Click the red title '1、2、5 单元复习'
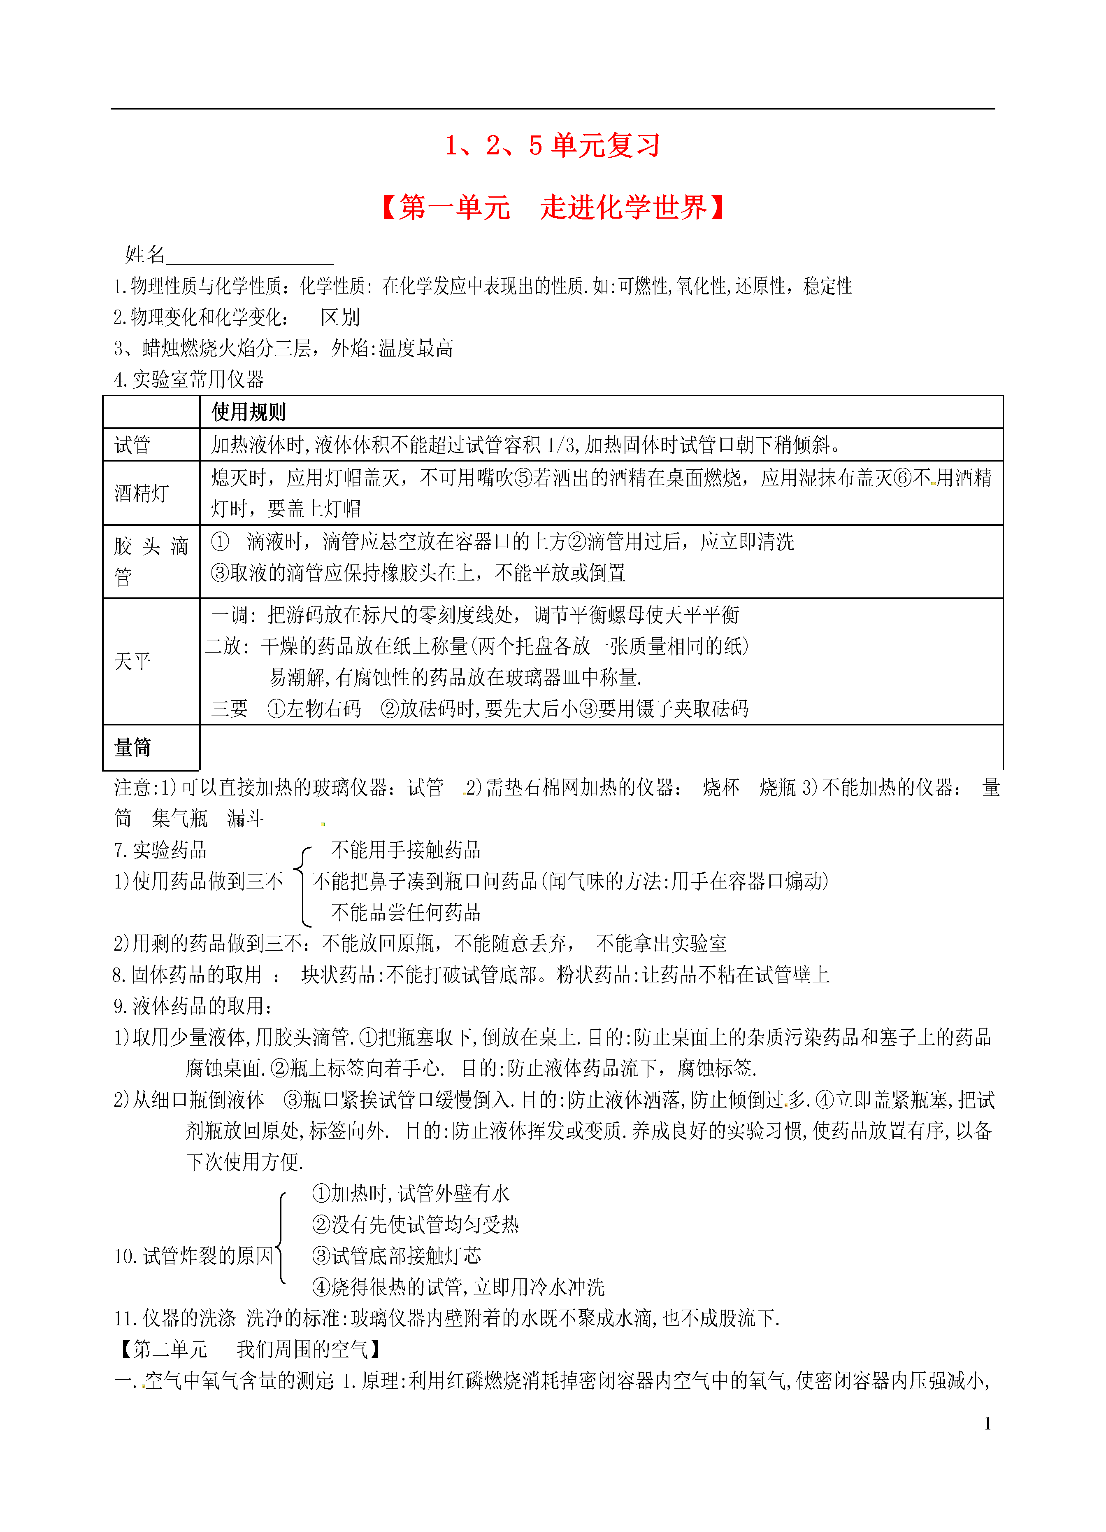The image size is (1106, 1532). coord(552,145)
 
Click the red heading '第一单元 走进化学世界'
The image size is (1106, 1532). coord(552,208)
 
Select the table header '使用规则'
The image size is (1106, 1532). coord(249,411)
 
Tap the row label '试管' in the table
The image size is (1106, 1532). coord(132,445)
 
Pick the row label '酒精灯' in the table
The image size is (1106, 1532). coord(141,493)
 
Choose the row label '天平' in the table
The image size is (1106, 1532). coord(132,661)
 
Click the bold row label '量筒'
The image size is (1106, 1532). coord(132,747)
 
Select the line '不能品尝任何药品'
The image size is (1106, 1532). coord(406,913)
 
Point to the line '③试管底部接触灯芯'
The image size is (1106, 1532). coord(396,1256)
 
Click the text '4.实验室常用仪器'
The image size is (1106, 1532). coord(189,380)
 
